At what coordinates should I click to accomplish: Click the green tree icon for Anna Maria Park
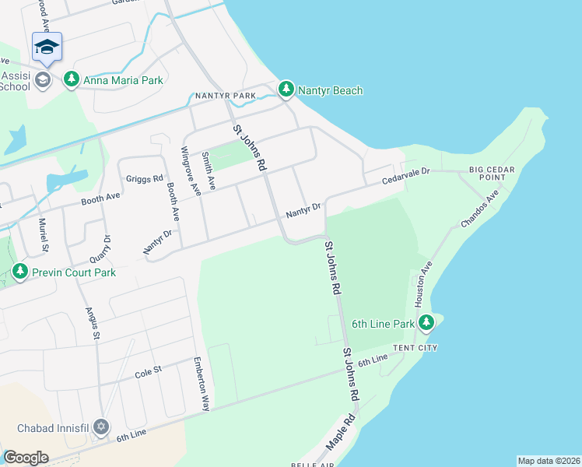[x=72, y=79]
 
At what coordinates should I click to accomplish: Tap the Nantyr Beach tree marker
[x=286, y=90]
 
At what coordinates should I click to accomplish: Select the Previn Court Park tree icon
[x=20, y=272]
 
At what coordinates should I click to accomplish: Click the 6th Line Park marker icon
[x=426, y=323]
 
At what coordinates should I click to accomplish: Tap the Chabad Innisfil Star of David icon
[x=100, y=427]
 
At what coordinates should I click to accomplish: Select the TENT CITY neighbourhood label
[x=415, y=348]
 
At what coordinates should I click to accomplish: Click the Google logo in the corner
[x=26, y=457]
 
